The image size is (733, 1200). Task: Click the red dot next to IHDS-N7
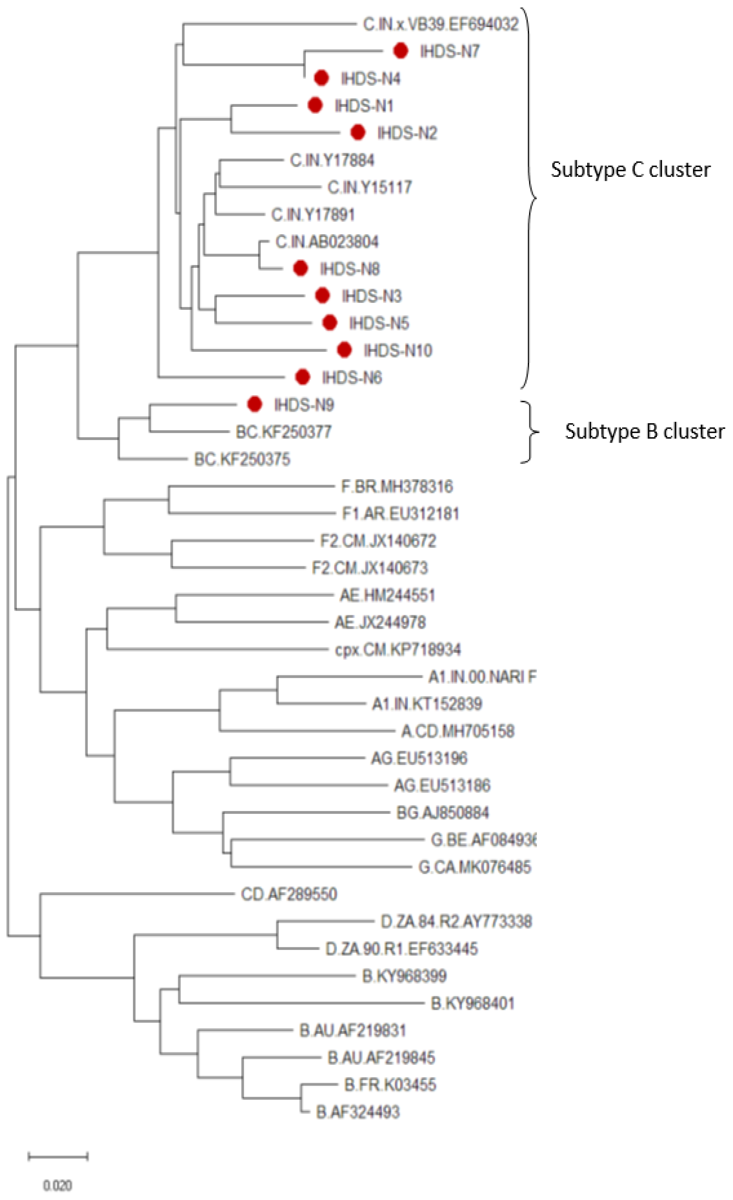[x=400, y=51]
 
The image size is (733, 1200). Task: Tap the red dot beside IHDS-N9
[x=255, y=404]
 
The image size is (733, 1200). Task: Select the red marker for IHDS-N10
[x=344, y=350]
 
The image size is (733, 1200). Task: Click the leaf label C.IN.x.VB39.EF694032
[x=441, y=24]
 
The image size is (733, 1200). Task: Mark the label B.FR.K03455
[x=390, y=1085]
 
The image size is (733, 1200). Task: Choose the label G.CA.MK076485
[x=474, y=867]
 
